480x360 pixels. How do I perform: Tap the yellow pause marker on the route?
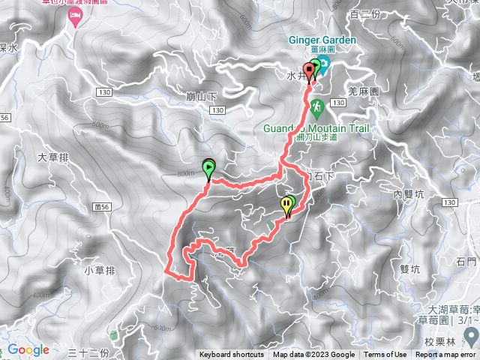coord(287,204)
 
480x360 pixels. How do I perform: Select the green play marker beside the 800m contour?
coord(208,169)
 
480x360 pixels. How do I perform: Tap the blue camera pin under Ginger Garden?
coord(322,61)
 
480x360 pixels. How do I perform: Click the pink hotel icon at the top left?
coord(75,16)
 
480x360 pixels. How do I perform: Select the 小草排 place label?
coord(99,271)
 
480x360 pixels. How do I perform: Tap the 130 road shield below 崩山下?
coord(217,110)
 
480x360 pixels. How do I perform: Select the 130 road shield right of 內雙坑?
coord(449,203)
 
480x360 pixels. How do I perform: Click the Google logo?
coord(28,349)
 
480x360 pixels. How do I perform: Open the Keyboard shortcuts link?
coord(232,355)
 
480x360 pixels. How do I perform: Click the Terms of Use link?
coord(385,355)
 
